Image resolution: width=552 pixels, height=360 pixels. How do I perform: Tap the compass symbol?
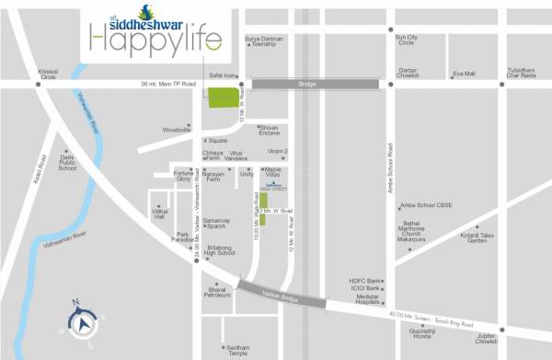click(82, 323)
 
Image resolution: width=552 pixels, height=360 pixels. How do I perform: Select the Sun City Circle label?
click(406, 40)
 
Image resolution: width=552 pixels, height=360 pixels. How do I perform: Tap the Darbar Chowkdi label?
click(408, 73)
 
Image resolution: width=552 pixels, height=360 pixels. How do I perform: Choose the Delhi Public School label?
click(67, 163)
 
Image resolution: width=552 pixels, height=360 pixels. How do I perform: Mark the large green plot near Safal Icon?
click(220, 98)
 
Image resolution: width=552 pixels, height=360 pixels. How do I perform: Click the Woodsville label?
click(176, 130)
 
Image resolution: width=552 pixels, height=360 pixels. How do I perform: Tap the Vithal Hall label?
click(159, 214)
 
